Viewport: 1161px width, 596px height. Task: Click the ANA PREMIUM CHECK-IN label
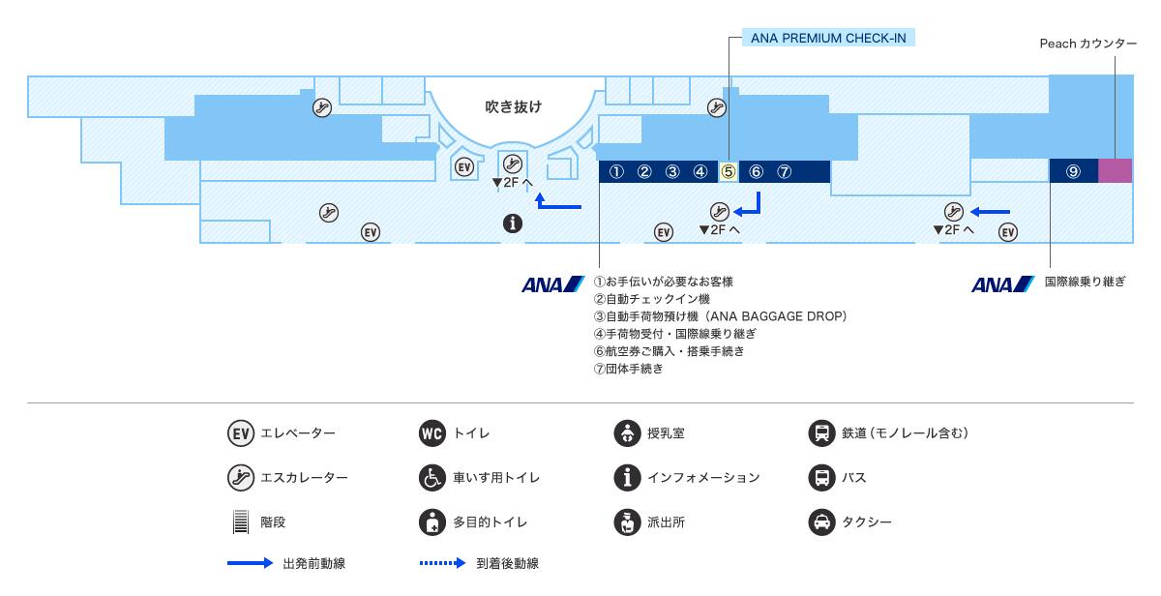tap(829, 39)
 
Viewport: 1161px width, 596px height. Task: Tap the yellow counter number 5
tap(729, 172)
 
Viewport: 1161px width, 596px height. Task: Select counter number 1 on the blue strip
tap(615, 172)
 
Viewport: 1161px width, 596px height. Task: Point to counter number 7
tap(785, 172)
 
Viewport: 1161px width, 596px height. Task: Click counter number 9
tap(1073, 171)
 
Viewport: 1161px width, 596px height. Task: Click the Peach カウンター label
tap(1087, 44)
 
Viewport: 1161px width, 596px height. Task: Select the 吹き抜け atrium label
tap(513, 106)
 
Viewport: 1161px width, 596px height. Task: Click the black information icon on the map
tap(513, 223)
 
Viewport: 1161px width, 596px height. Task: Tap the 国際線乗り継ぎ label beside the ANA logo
tap(1085, 283)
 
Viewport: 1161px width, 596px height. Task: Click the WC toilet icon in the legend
tap(432, 432)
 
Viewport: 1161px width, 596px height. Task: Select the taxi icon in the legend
tap(821, 522)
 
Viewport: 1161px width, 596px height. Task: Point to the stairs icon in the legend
tap(241, 522)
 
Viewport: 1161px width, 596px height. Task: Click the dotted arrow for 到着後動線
tap(443, 564)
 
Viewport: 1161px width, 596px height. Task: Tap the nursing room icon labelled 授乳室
tap(627, 432)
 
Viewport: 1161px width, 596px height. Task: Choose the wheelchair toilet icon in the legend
tap(432, 478)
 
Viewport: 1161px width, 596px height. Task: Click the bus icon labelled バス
tap(821, 478)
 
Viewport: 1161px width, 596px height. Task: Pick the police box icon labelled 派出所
tap(627, 522)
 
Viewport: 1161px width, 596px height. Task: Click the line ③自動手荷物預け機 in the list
tap(721, 316)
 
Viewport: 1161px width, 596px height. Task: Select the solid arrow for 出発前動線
tap(250, 564)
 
